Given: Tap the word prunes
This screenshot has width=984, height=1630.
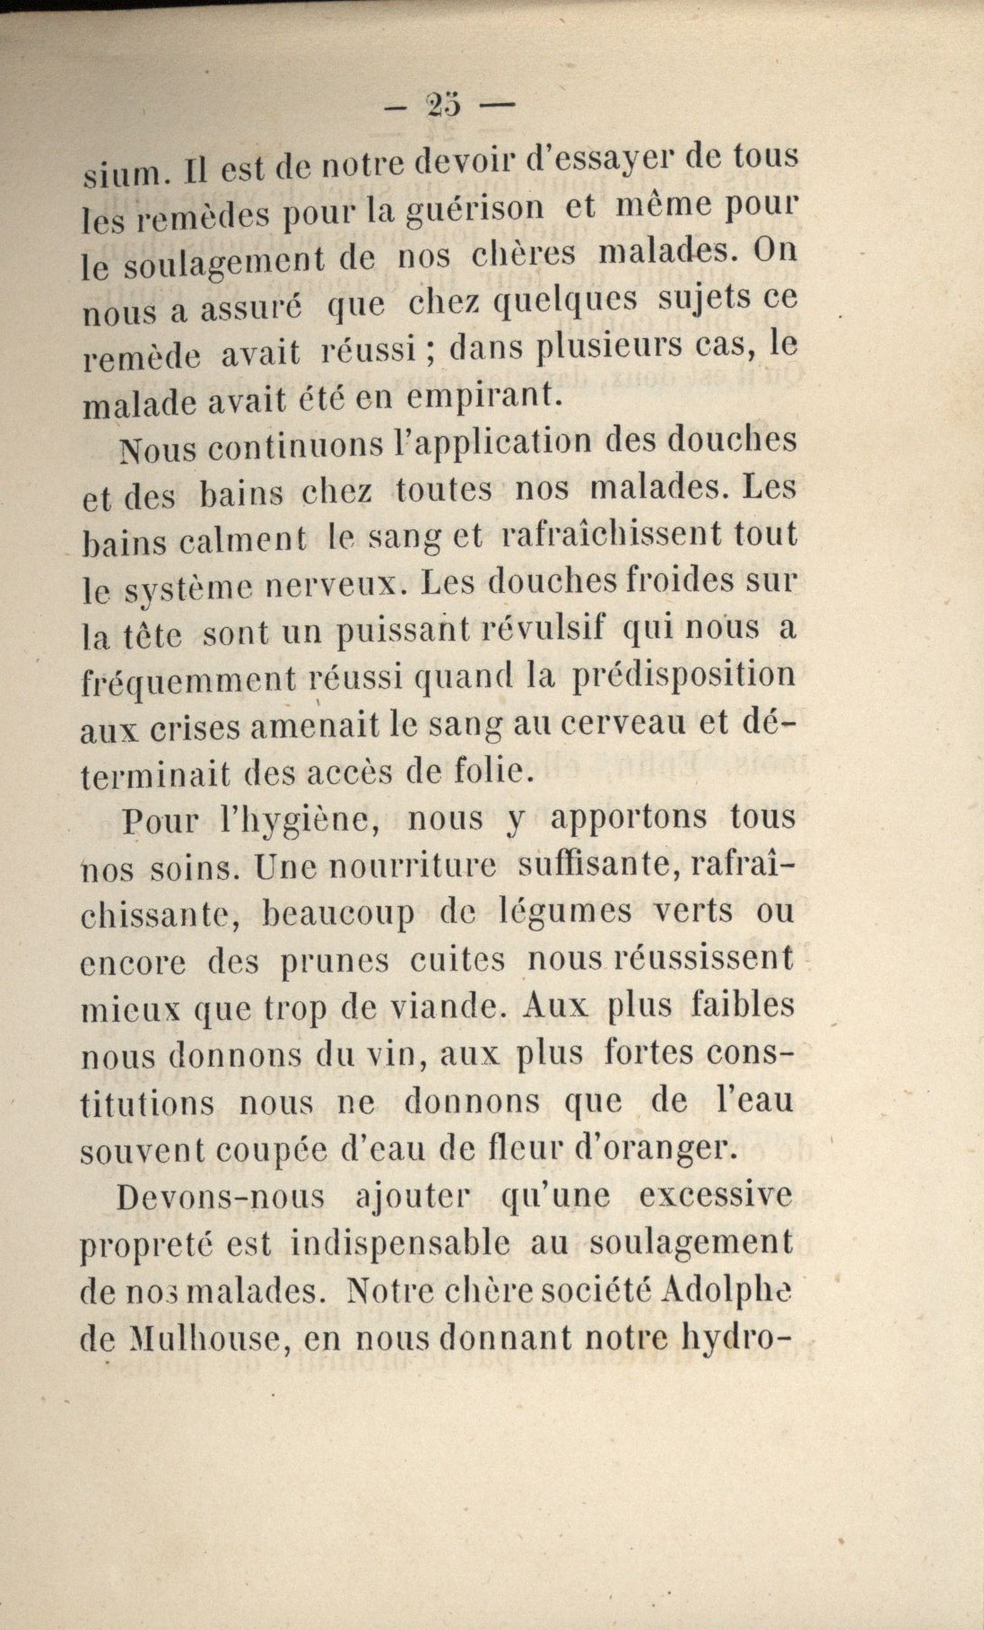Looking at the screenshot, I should pos(335,962).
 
